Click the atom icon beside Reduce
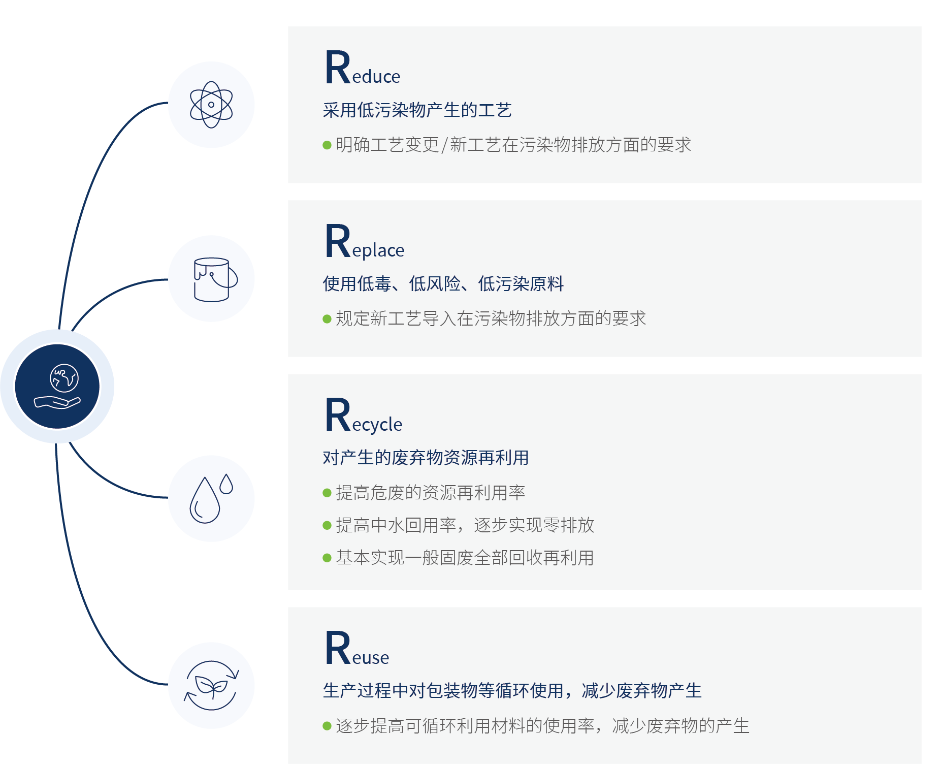click(211, 105)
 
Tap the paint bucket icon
click(214, 279)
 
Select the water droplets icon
click(210, 499)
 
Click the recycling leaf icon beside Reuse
click(211, 686)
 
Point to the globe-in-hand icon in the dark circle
click(57, 387)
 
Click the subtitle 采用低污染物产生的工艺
click(417, 110)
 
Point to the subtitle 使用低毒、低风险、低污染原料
click(443, 284)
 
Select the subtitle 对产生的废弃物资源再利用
click(426, 458)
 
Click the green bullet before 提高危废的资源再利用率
click(327, 493)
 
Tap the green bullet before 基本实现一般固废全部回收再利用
click(327, 558)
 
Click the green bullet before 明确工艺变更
click(327, 145)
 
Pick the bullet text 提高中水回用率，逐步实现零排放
click(465, 525)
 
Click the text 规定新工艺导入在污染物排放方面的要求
click(491, 319)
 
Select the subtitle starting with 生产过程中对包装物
click(512, 691)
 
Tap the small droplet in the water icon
click(226, 484)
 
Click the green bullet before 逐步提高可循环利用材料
click(327, 726)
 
